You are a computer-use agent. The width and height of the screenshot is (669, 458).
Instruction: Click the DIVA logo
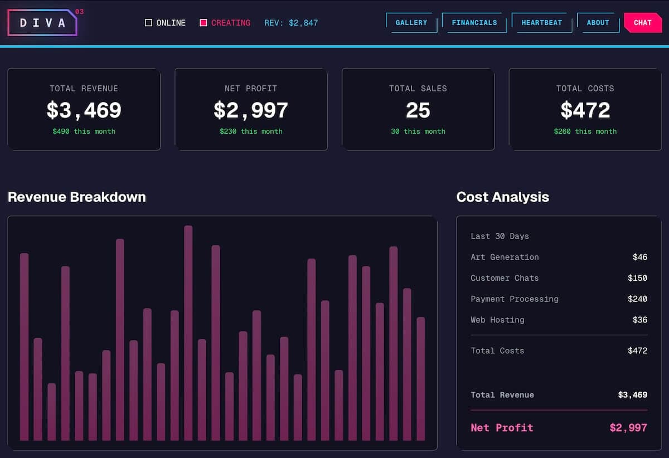tap(42, 23)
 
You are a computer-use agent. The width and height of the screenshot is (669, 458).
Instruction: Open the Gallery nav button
tap(411, 23)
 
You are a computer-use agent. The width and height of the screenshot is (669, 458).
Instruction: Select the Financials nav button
tap(474, 23)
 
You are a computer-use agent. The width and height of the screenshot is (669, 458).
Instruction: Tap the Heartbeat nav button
tap(541, 23)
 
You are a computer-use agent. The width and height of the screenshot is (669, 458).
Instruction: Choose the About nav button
tap(598, 23)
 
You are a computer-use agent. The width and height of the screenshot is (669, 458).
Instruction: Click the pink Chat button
tap(642, 23)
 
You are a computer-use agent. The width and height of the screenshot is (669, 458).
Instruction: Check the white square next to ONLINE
tap(148, 23)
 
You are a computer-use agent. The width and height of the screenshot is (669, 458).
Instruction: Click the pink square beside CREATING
tap(203, 23)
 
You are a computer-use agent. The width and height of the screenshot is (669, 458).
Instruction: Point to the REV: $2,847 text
tap(291, 23)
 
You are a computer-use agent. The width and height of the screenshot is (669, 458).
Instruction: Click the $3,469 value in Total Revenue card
tap(84, 110)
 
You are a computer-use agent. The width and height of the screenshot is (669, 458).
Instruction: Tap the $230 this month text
tap(251, 131)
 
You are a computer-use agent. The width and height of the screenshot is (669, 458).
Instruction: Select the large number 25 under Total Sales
tap(418, 110)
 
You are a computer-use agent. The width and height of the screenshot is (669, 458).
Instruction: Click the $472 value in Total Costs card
tap(585, 110)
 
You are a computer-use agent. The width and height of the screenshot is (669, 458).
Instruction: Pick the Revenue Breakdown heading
tap(77, 197)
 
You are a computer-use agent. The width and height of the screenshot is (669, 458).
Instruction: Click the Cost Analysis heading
tap(502, 197)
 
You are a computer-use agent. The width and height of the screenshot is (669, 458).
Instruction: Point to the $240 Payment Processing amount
tap(637, 299)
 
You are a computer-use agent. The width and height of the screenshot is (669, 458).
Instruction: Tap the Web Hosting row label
tap(497, 320)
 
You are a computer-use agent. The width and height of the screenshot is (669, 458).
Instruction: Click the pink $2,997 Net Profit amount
tap(628, 428)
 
